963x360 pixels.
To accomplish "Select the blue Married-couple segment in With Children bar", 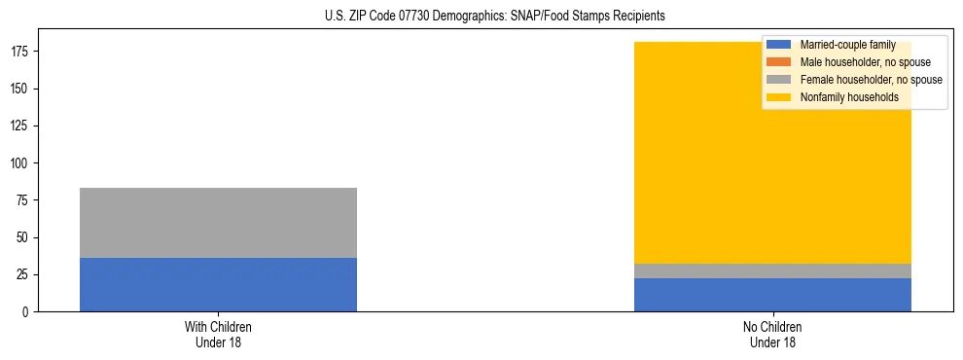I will [218, 284].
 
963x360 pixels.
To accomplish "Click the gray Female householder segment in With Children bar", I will [218, 223].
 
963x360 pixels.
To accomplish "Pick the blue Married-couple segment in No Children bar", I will [772, 295].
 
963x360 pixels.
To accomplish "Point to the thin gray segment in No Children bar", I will [772, 271].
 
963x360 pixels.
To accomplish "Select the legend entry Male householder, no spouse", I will [865, 62].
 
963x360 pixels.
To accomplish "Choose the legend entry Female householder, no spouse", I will [871, 80].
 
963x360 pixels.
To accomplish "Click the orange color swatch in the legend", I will [779, 62].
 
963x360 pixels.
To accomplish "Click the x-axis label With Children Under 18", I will [218, 334].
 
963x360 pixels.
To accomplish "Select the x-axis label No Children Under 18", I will [772, 334].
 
